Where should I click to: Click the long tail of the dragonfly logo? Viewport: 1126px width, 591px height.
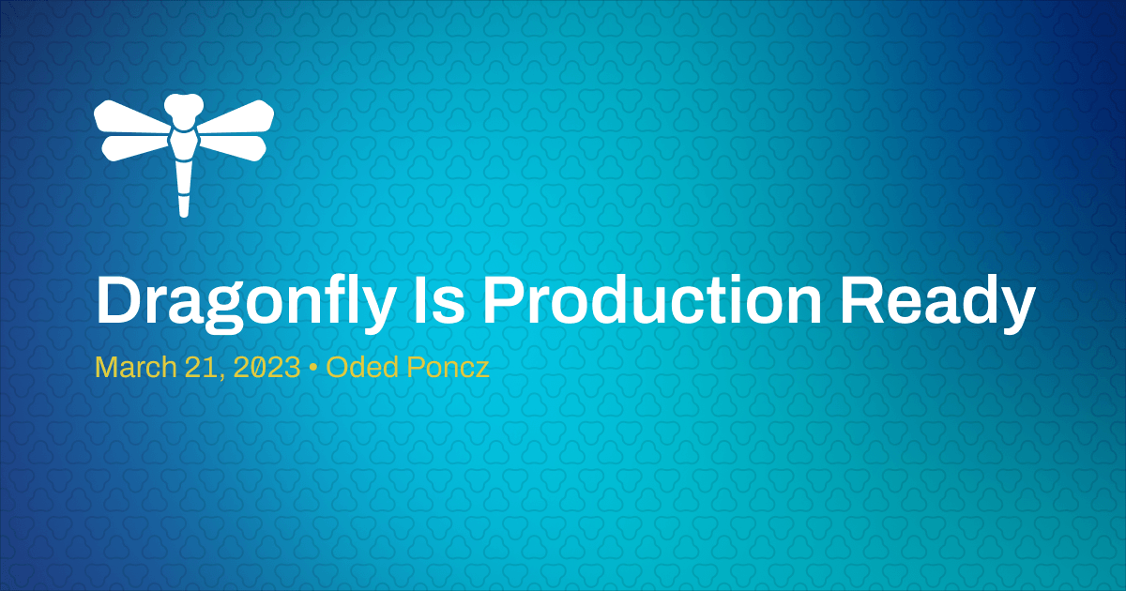click(184, 188)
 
